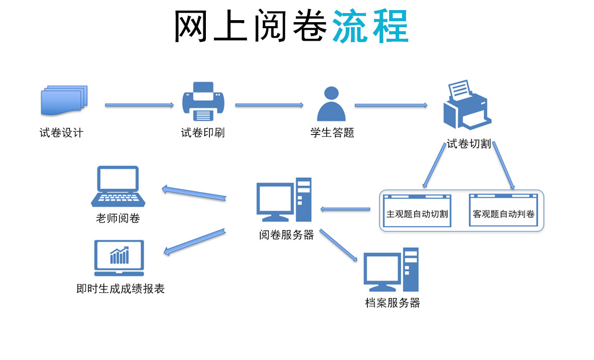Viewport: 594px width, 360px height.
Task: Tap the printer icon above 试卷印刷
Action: (x=203, y=102)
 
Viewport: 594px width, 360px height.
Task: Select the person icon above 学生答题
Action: (x=331, y=104)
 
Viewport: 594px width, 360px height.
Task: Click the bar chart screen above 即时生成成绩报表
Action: (x=119, y=257)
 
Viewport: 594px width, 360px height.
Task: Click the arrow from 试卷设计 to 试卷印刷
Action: (x=139, y=105)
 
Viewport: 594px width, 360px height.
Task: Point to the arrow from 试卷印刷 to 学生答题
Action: (x=269, y=105)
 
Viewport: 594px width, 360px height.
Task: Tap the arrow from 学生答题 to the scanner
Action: (x=391, y=105)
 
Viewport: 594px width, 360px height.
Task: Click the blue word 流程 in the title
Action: (x=370, y=26)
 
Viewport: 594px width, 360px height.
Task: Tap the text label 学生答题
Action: (x=332, y=133)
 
